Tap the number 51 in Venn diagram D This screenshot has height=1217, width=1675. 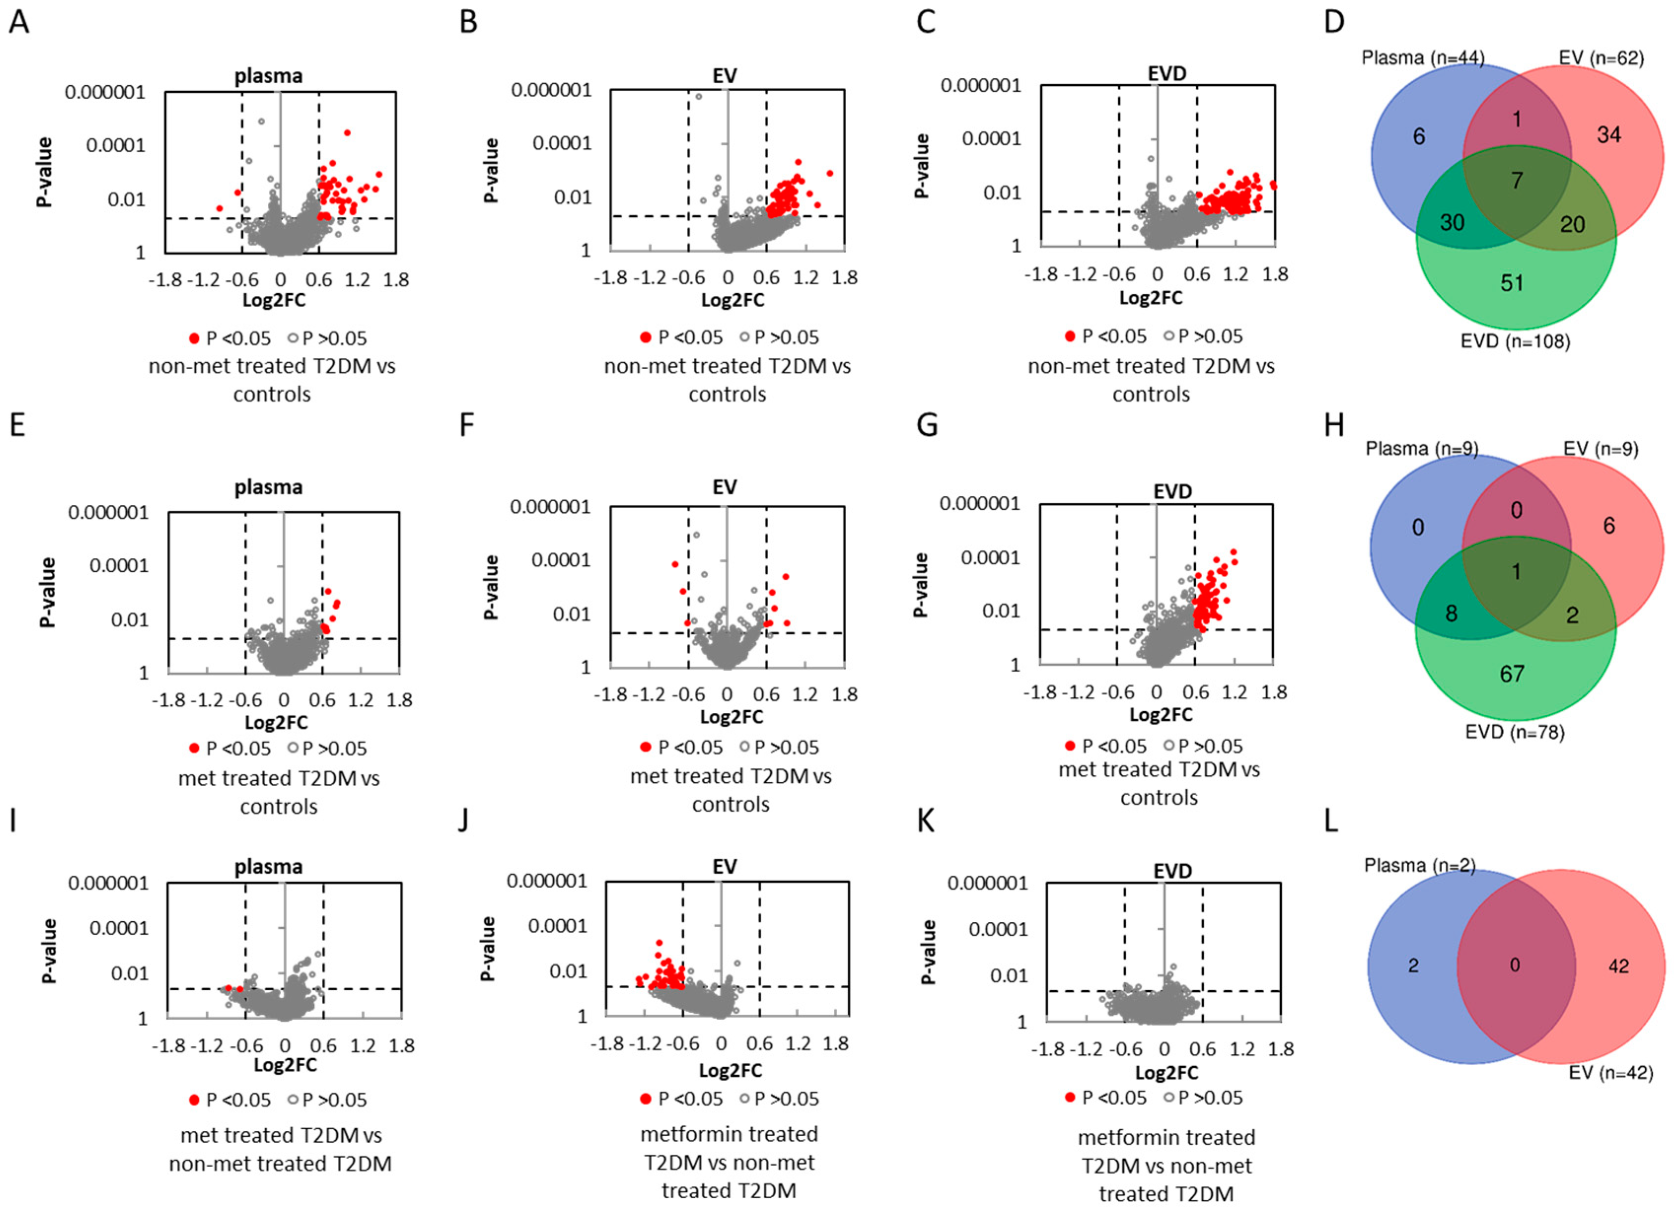(x=1512, y=283)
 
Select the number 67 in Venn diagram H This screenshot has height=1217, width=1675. (x=1512, y=673)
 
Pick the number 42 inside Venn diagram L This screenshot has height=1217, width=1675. (x=1618, y=966)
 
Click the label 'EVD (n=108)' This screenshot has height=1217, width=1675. (x=1515, y=341)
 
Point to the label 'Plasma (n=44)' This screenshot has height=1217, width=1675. (x=1423, y=58)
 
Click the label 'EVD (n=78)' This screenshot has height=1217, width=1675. (x=1515, y=732)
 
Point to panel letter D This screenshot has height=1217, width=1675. (x=1334, y=22)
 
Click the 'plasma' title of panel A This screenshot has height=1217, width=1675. (x=268, y=75)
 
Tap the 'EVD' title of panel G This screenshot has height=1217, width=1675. (x=1172, y=491)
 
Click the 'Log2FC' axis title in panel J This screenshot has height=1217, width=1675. (x=730, y=1070)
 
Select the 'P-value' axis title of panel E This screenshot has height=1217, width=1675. (x=47, y=592)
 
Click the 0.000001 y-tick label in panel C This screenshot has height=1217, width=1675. (x=980, y=86)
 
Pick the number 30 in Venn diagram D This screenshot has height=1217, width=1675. (x=1452, y=223)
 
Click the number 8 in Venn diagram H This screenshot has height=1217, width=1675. (x=1451, y=614)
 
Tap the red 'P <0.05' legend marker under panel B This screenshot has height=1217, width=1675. (x=645, y=338)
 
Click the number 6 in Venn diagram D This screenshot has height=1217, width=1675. (x=1418, y=137)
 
